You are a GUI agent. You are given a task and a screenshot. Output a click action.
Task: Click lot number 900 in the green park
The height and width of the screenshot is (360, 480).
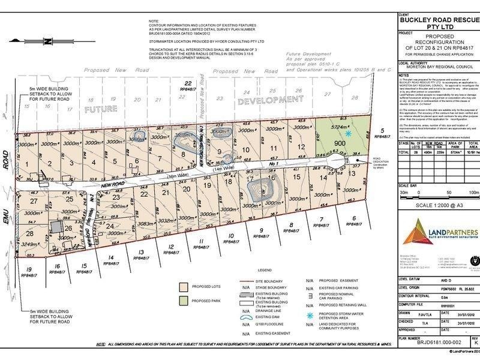340,143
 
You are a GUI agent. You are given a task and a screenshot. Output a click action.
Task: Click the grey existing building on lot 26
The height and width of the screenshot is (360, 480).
56,227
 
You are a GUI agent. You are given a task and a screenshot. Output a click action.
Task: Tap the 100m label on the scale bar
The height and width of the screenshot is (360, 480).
472,193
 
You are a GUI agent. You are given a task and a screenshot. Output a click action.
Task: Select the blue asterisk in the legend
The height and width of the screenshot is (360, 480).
310,313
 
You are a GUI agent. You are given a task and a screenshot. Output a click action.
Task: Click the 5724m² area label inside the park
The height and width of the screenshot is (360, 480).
341,128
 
